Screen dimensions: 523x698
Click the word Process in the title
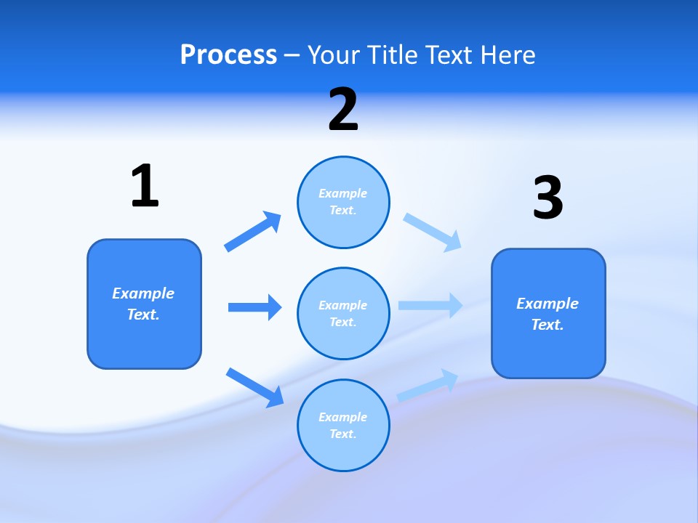[228, 55]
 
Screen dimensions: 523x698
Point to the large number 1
[145, 186]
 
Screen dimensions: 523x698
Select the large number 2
[343, 110]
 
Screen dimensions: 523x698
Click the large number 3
[547, 198]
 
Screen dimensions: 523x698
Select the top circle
[343, 202]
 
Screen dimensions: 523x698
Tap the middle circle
[343, 313]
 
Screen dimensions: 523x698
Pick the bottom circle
[343, 425]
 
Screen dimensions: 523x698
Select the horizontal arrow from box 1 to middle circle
[254, 307]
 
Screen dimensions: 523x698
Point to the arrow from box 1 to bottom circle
[255, 387]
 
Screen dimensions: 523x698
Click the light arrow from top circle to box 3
[433, 232]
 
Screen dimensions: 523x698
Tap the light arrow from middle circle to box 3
[430, 305]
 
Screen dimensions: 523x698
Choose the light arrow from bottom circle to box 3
[428, 385]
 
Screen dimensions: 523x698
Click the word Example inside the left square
[143, 293]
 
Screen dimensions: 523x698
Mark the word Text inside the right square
[547, 325]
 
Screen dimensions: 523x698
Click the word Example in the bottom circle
[342, 417]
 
